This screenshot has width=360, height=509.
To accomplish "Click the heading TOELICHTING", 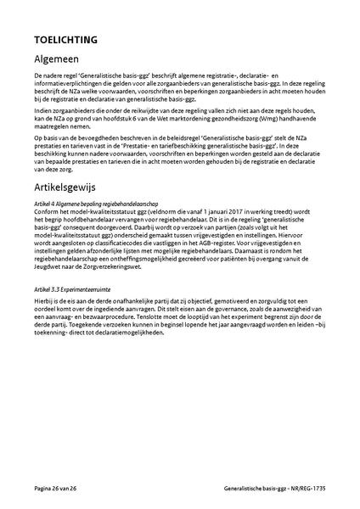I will pos(64,39).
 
